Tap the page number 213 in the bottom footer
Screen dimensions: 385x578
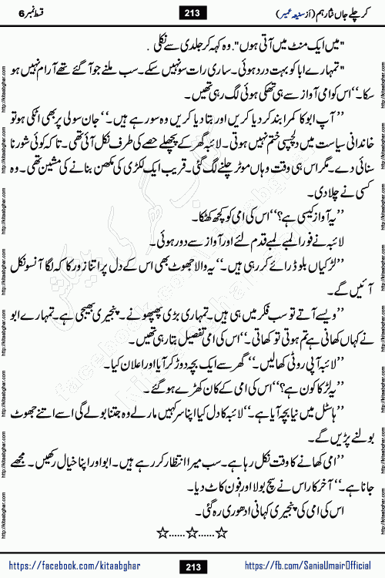click(193, 568)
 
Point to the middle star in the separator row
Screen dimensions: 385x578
click(192, 529)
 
